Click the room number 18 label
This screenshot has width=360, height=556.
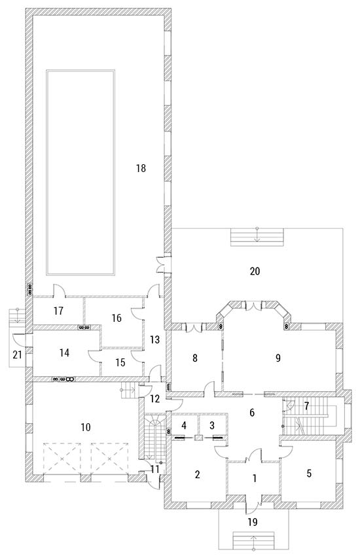[141, 168]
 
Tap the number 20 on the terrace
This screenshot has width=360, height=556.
[255, 271]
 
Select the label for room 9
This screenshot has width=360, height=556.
[278, 358]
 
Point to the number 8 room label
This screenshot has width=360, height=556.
[194, 358]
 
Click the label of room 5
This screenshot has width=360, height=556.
[309, 474]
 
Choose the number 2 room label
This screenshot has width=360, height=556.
[198, 474]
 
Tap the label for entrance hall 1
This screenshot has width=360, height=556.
[255, 478]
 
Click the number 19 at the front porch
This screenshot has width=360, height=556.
[253, 522]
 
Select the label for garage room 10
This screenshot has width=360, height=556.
[86, 427]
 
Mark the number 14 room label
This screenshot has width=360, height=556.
[64, 353]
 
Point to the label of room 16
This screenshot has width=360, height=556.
[117, 318]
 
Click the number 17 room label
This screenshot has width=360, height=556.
[58, 311]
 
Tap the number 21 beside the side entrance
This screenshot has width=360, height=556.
[18, 355]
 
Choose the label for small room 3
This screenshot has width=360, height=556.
[212, 425]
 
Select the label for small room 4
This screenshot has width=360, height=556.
[184, 425]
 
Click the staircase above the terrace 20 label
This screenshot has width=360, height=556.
[257, 237]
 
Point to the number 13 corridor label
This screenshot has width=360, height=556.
[154, 339]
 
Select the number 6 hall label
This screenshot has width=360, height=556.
[252, 412]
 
